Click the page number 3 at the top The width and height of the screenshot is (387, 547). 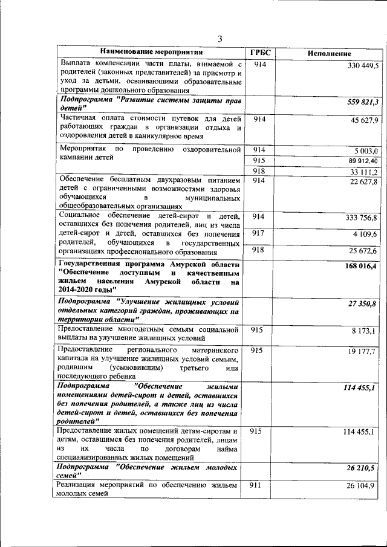click(x=220, y=39)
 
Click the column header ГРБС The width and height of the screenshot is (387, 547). click(x=258, y=52)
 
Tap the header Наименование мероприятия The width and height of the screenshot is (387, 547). click(x=152, y=52)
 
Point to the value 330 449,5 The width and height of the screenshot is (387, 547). click(x=362, y=65)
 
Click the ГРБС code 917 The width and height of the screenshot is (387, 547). click(x=258, y=233)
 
